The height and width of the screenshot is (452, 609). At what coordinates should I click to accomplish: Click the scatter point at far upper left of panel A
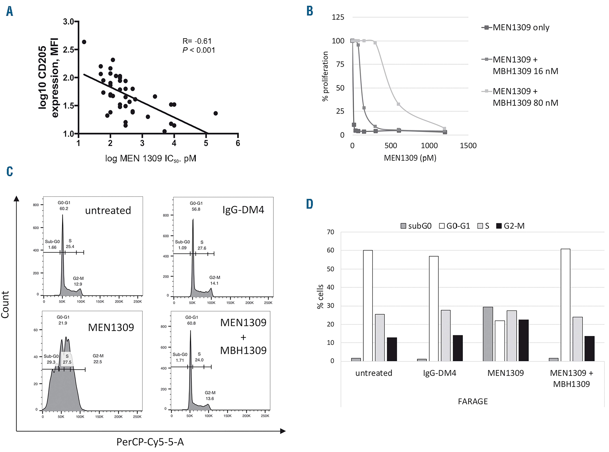(x=84, y=42)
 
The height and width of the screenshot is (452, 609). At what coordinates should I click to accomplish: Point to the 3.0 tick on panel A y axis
(x=68, y=22)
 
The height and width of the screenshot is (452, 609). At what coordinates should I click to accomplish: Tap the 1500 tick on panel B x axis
(x=468, y=146)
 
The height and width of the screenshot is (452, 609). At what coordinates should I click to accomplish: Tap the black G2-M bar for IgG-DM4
(x=458, y=348)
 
